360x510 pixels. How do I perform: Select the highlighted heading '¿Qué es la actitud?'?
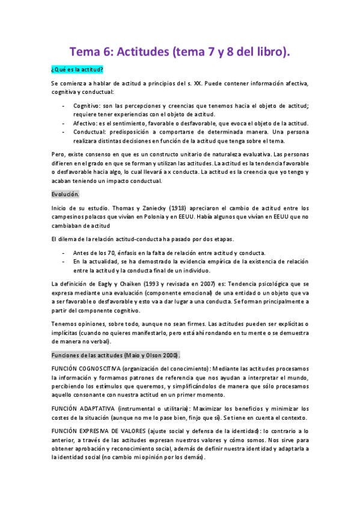tap(78, 70)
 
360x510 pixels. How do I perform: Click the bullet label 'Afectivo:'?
tap(85, 123)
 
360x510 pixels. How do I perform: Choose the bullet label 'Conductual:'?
tap(89, 131)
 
